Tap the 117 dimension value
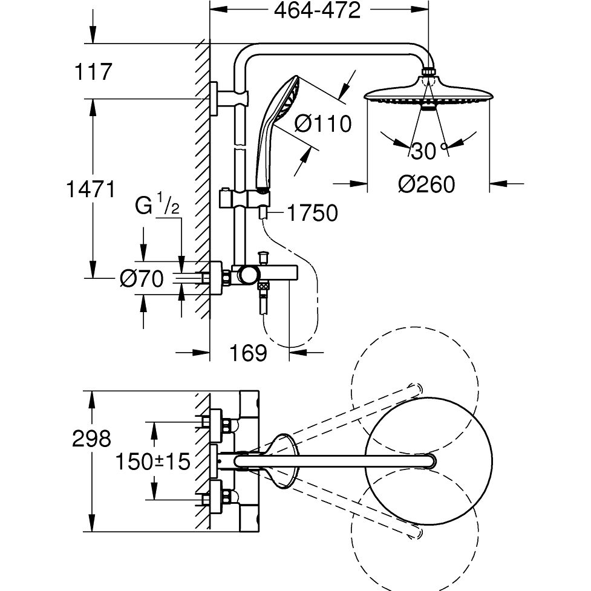93,72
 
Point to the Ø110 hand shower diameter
323,124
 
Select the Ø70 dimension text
142,279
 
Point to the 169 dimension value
249,353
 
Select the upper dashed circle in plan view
415,381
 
